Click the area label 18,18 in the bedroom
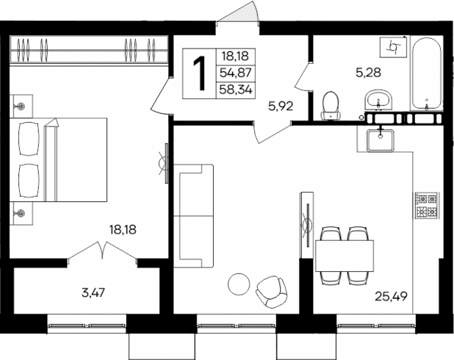(123, 228)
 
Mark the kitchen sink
(381, 137)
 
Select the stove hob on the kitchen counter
(426, 206)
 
